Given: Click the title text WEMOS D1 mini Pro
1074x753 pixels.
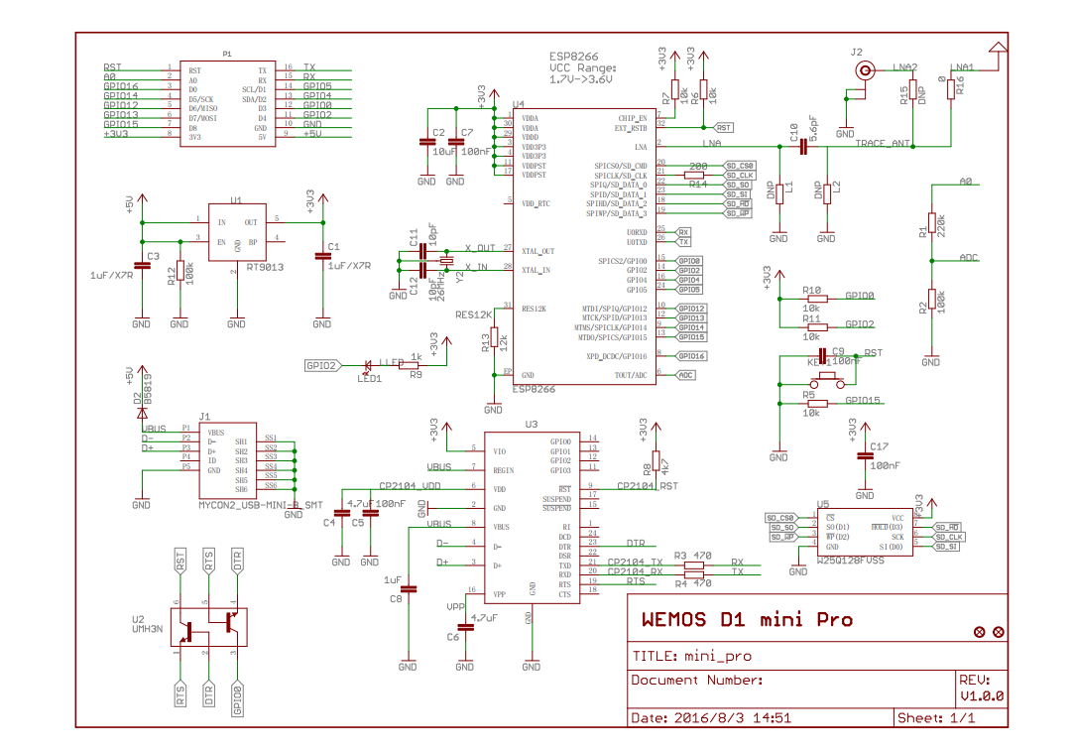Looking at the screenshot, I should (747, 620).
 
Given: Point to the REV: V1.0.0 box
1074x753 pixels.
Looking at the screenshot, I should (981, 689).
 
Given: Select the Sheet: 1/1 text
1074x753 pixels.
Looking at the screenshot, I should (935, 717).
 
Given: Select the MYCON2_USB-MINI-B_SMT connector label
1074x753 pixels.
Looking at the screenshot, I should (261, 505).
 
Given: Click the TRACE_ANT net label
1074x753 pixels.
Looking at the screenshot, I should (883, 144).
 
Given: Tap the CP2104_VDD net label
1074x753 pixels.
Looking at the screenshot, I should (410, 487).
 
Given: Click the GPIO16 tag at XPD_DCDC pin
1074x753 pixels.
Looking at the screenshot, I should (690, 355).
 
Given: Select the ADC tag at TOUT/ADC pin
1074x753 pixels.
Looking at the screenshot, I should (685, 375).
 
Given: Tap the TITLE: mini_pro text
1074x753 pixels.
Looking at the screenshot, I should (691, 656).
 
